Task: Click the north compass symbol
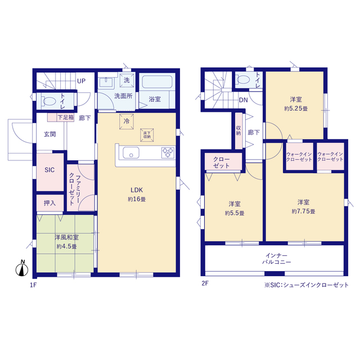[22, 268]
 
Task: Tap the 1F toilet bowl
[48, 101]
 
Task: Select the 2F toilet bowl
[243, 80]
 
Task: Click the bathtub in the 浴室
[157, 82]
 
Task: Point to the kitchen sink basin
[131, 152]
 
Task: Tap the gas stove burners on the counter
[168, 152]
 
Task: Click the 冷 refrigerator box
[127, 121]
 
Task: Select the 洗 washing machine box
[127, 80]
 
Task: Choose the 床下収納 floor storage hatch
[147, 135]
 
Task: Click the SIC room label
[49, 170]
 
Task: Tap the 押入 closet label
[50, 203]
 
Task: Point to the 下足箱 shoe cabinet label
[66, 118]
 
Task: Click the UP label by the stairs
[81, 81]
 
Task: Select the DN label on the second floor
[244, 100]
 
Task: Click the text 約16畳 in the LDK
[137, 199]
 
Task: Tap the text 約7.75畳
[303, 211]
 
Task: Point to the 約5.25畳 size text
[296, 109]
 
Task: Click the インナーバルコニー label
[276, 259]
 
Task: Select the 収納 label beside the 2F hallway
[238, 130]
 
